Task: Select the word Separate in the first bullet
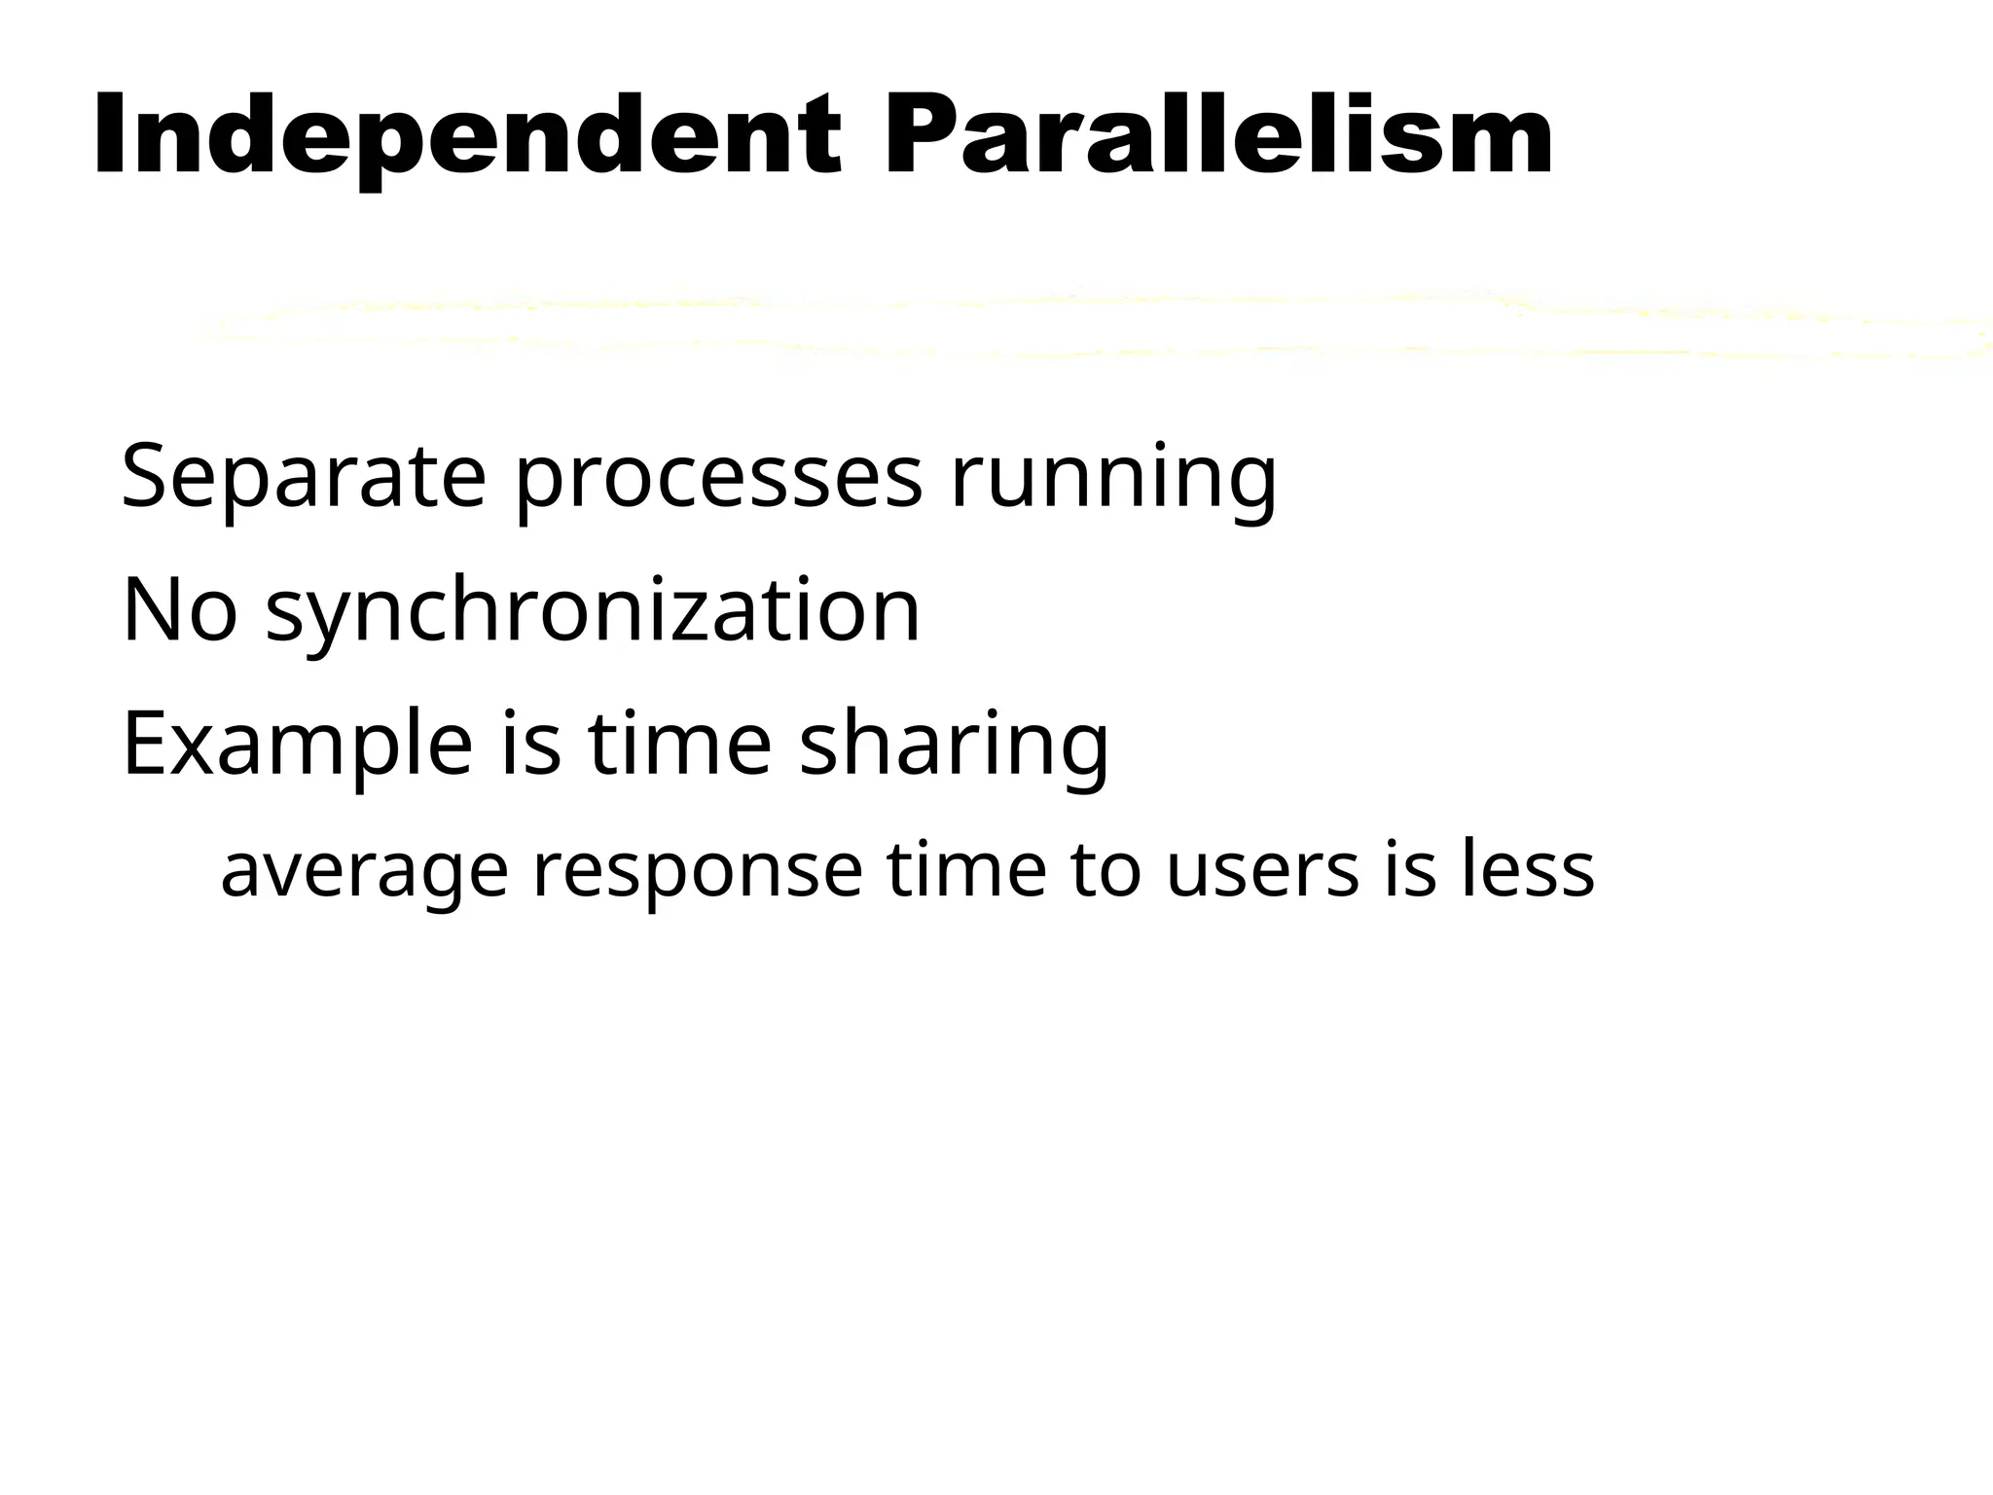pos(303,477)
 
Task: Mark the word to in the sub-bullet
pos(1105,870)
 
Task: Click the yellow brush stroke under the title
pos(1070,326)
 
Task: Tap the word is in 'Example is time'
pos(531,745)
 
